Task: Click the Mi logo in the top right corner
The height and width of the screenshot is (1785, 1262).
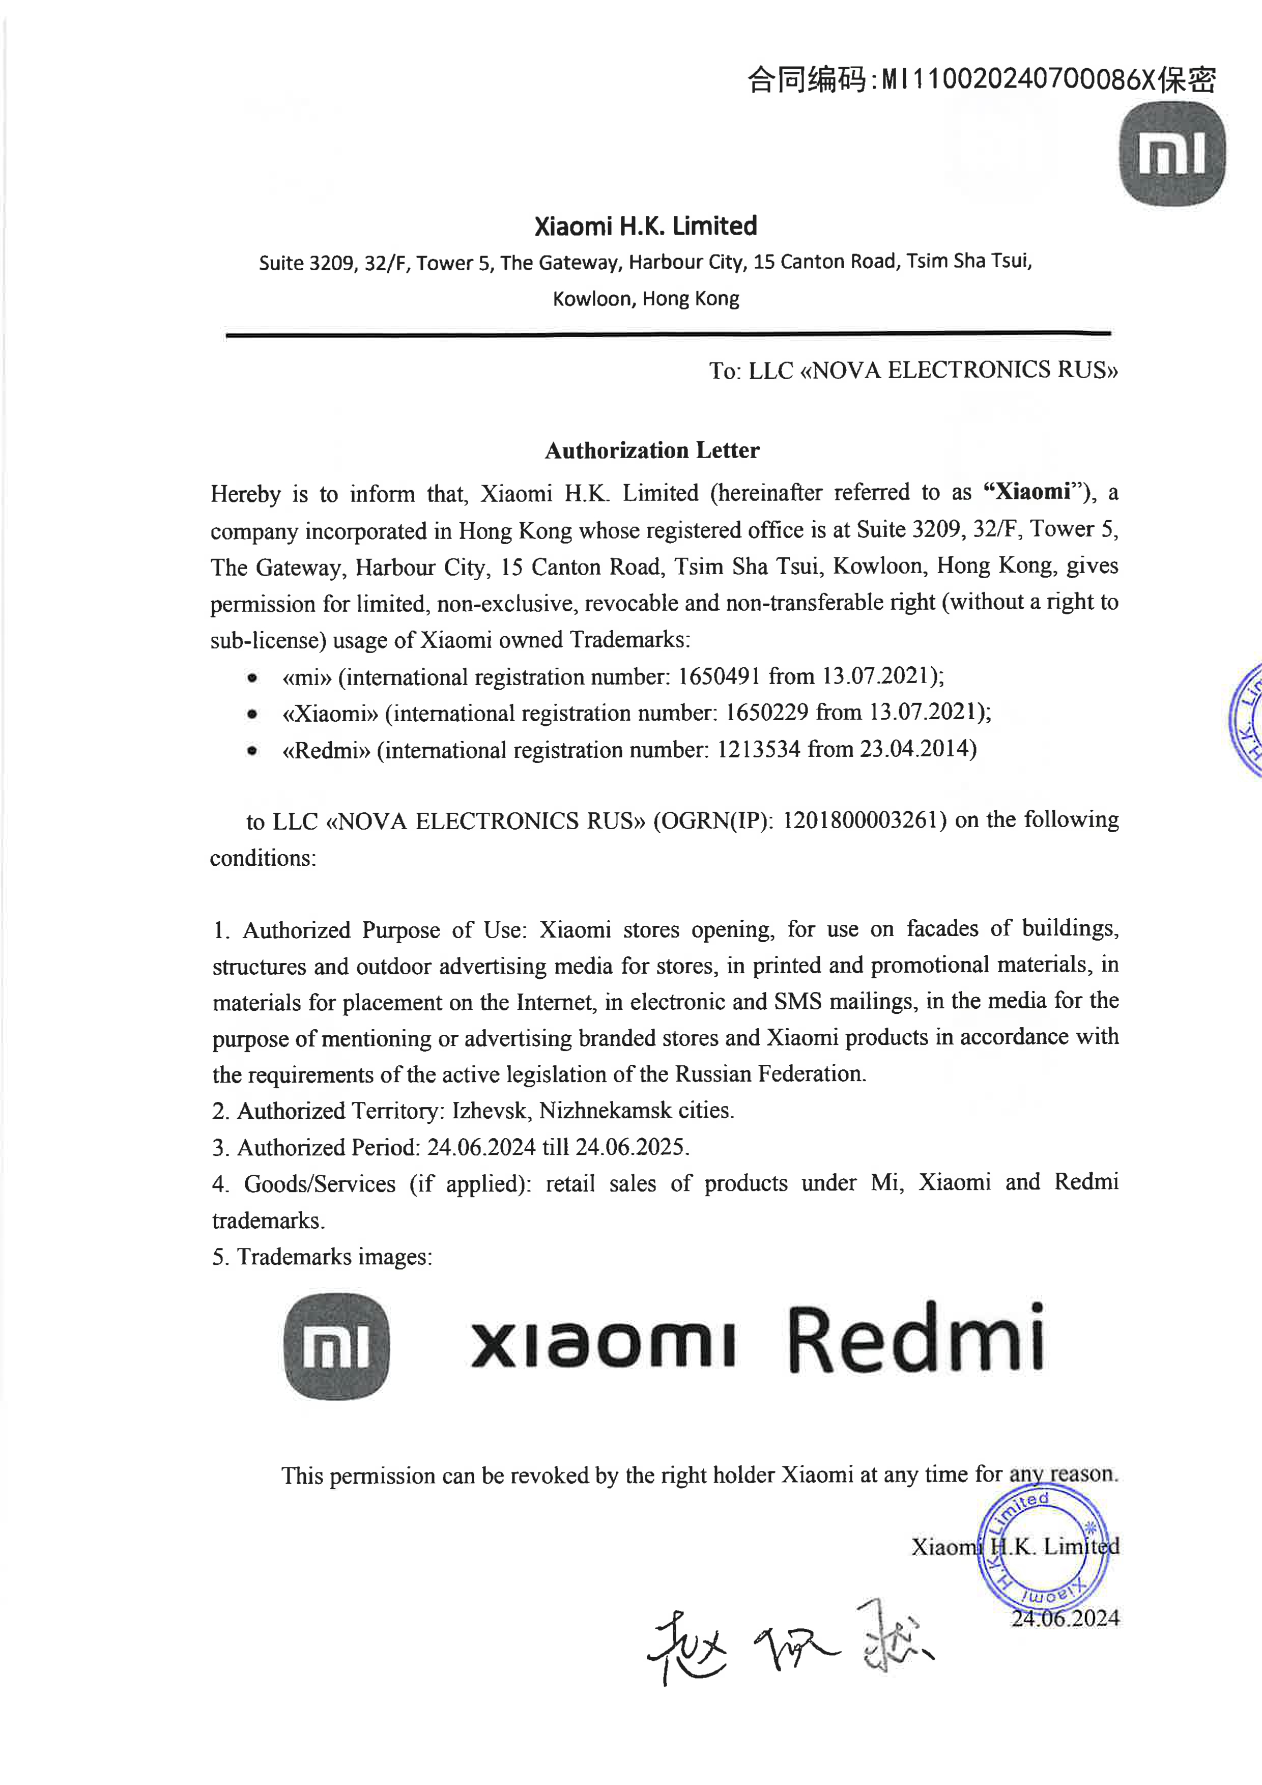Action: (1172, 154)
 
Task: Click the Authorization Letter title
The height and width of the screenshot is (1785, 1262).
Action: (652, 450)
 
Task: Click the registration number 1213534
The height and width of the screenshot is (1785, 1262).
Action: (758, 749)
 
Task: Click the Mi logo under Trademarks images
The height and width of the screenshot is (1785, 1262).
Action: (336, 1347)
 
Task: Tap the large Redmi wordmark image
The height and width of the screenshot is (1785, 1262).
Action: (915, 1339)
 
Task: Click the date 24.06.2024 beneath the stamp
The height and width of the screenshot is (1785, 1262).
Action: (1065, 1619)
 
